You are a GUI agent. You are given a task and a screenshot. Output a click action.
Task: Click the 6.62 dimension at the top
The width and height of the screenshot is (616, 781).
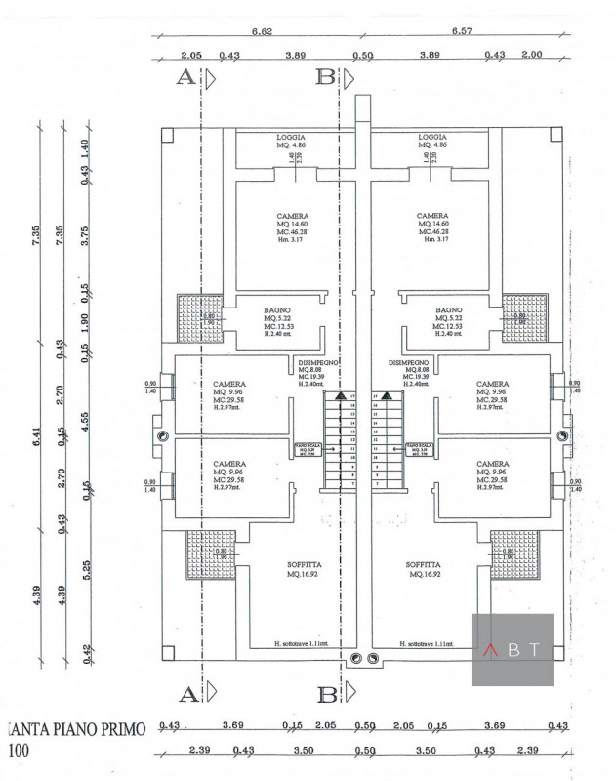point(261,32)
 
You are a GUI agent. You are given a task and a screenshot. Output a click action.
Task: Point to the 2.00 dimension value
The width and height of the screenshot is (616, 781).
point(532,55)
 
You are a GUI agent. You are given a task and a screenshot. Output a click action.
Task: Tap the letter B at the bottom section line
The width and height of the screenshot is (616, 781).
point(325,694)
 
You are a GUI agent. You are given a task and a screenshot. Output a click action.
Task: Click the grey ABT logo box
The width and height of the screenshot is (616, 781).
point(513,649)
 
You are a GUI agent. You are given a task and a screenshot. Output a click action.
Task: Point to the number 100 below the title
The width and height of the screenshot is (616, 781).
point(19,752)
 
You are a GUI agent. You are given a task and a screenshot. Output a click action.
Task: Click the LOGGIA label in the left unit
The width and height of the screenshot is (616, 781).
point(292,137)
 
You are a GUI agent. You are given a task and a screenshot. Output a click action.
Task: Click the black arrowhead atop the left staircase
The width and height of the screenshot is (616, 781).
point(340,396)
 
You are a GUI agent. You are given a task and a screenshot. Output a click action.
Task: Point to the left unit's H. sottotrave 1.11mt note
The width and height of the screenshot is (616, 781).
point(292,644)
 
